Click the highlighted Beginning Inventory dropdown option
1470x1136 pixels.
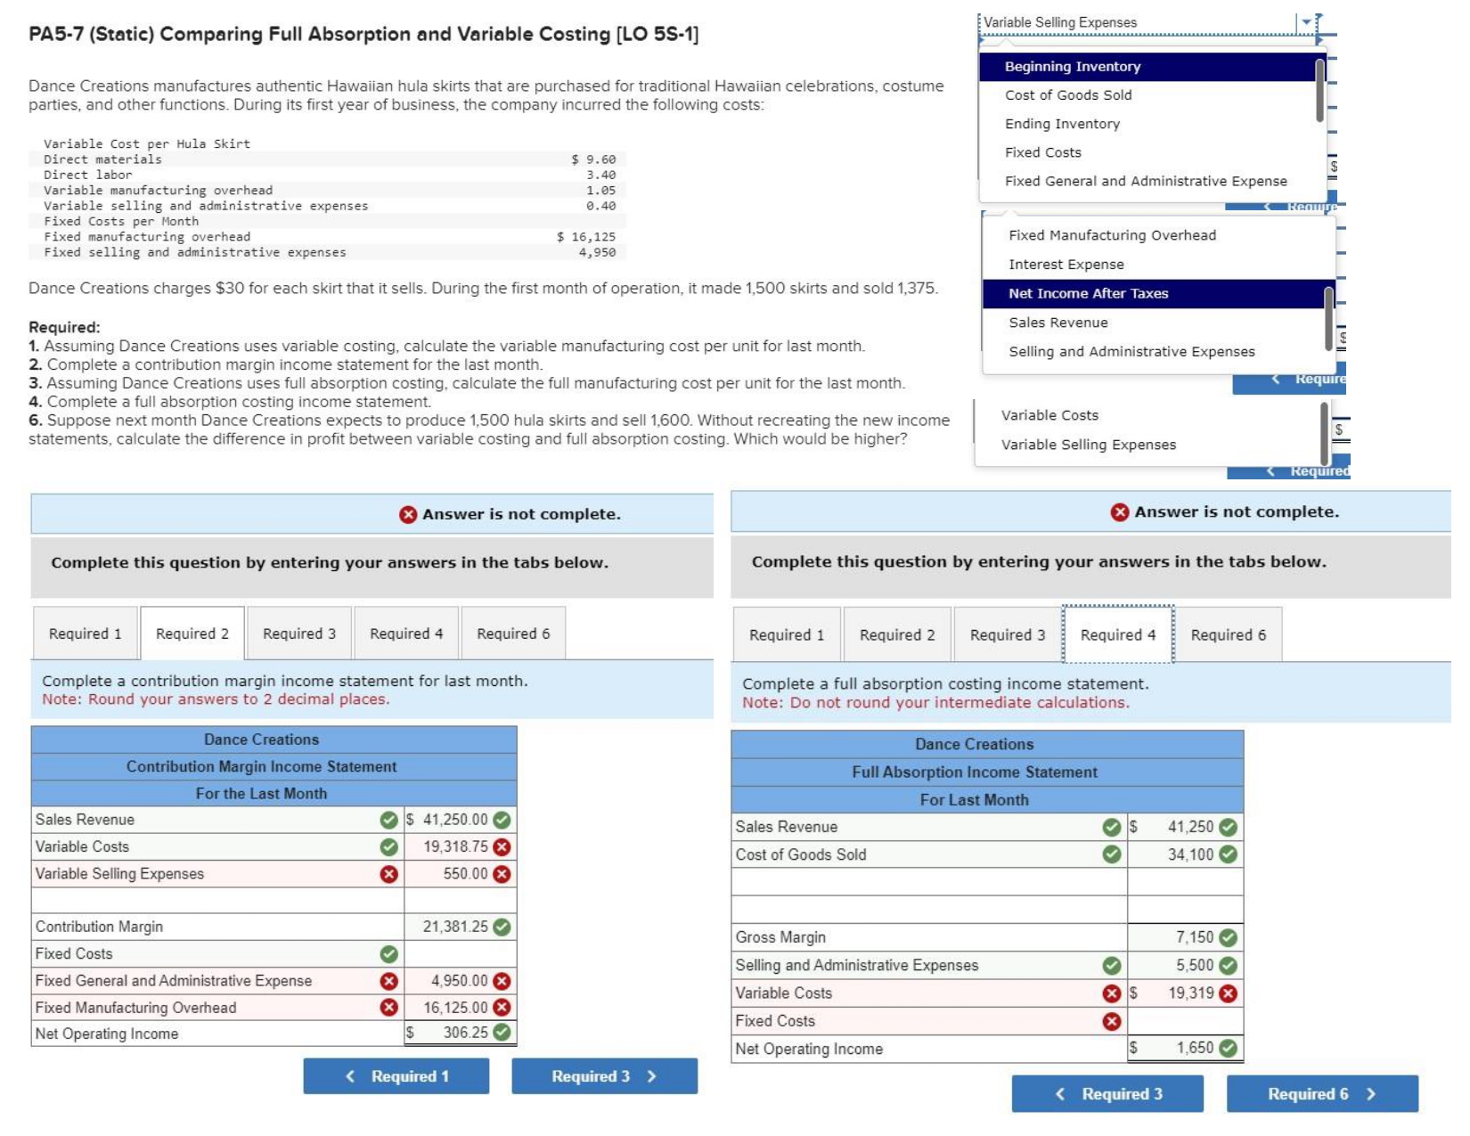click(x=1072, y=67)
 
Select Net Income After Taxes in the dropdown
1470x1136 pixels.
click(x=1088, y=294)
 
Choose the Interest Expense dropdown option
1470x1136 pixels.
click(x=1066, y=265)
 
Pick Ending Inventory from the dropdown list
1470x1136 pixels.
click(x=1062, y=124)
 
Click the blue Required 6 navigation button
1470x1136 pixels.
click(x=1321, y=1094)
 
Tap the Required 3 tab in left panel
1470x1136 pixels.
click(x=299, y=633)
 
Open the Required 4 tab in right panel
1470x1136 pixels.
click(x=1117, y=634)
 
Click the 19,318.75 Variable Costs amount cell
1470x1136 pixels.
click(x=455, y=846)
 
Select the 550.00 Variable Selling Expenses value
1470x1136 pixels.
click(x=465, y=874)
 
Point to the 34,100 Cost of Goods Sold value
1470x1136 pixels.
click(x=1190, y=854)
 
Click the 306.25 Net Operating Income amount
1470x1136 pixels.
click(x=465, y=1033)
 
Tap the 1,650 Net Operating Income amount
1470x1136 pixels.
click(x=1194, y=1048)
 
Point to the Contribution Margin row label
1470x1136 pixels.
click(x=99, y=927)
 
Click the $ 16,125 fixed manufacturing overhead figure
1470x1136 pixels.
click(x=586, y=237)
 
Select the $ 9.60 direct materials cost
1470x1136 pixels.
click(x=593, y=159)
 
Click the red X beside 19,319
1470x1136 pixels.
click(x=1229, y=993)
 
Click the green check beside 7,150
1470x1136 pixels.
click(x=1229, y=937)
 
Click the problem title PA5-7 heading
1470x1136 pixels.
click(x=363, y=35)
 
